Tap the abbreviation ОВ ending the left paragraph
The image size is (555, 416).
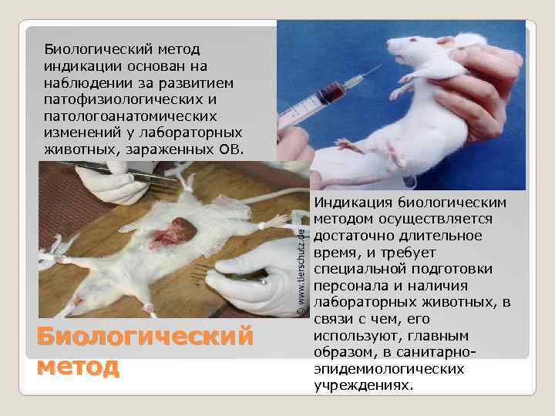[232, 149]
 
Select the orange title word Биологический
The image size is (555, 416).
[145, 337]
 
